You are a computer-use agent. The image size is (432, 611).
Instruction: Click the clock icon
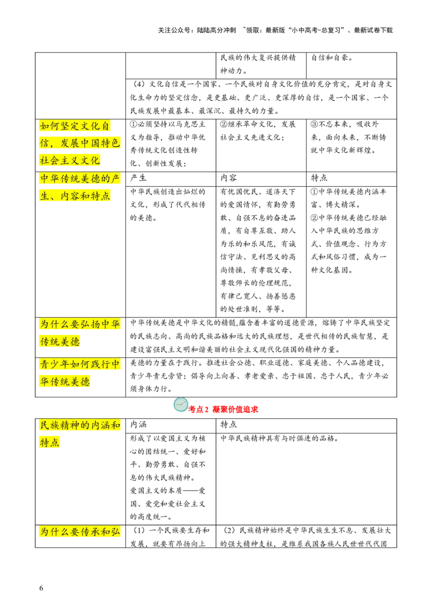pyautogui.click(x=181, y=405)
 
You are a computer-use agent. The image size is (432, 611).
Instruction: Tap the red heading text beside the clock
pyautogui.click(x=224, y=409)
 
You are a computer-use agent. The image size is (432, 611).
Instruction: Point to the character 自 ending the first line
pyautogui.click(x=105, y=126)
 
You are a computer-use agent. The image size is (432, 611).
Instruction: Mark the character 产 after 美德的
pyautogui.click(x=116, y=179)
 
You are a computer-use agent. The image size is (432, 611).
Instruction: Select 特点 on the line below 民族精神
pyautogui.click(x=50, y=443)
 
